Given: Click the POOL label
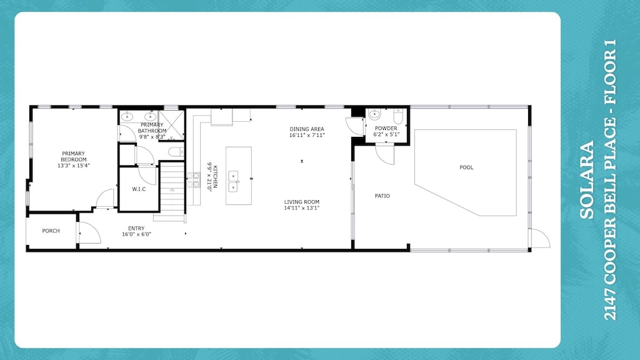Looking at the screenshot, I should click(466, 167).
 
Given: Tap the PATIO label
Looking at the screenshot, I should click(382, 196).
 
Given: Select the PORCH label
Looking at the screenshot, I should click(51, 231).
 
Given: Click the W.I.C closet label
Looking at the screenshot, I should click(139, 189).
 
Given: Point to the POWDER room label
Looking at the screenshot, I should click(386, 128).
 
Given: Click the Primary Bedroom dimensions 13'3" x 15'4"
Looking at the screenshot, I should click(74, 166).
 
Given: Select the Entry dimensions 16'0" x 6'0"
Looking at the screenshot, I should click(136, 234).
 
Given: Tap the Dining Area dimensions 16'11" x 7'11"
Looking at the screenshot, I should click(307, 135).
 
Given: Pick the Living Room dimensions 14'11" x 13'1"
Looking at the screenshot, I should click(302, 208).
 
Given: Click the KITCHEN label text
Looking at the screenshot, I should click(215, 177).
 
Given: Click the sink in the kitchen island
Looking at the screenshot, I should click(234, 181).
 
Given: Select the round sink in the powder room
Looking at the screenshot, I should click(374, 114).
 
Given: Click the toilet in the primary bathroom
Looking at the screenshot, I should click(176, 152).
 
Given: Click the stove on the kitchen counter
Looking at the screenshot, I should click(193, 181).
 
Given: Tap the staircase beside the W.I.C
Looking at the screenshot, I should click(170, 191).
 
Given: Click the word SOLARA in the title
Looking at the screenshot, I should click(586, 181).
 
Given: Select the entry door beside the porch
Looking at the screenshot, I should click(87, 232).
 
